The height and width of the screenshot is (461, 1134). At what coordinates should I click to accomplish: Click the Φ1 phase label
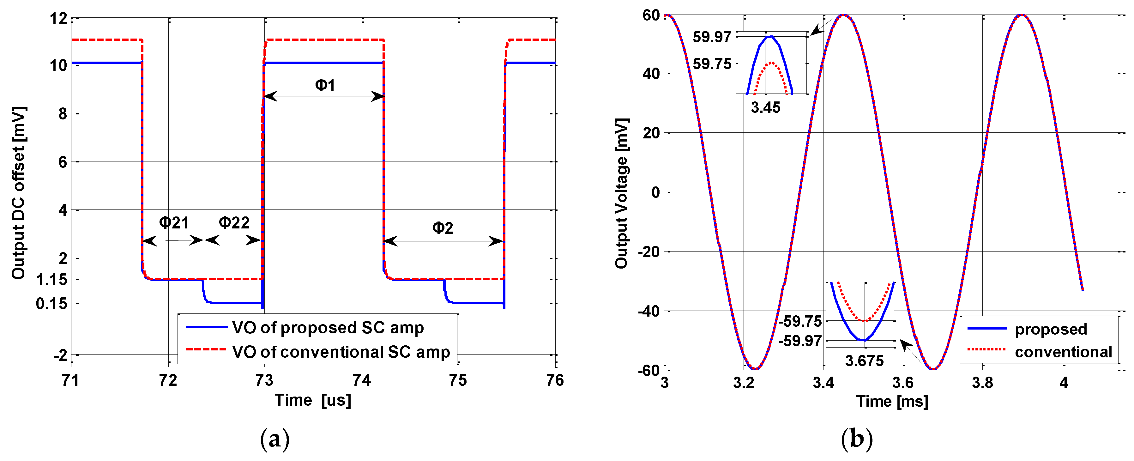(325, 85)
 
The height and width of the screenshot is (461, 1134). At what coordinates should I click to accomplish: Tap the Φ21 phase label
(174, 223)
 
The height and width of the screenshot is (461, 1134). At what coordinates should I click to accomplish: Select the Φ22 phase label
(234, 223)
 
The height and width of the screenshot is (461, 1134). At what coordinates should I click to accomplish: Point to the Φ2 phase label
(443, 228)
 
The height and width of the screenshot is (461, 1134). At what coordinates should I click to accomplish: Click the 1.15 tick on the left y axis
(52, 280)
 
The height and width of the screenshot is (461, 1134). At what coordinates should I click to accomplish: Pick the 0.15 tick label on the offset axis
(52, 304)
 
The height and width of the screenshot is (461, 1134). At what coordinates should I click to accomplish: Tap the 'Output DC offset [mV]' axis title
(19, 193)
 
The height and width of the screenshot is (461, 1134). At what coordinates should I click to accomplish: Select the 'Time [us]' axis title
(313, 400)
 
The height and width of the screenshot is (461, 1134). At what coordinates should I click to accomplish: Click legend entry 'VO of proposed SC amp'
(328, 328)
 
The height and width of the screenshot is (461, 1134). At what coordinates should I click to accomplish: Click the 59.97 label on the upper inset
(712, 37)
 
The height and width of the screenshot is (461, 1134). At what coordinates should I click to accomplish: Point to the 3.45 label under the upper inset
(766, 107)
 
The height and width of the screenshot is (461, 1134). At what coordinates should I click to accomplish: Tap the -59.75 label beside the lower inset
(800, 321)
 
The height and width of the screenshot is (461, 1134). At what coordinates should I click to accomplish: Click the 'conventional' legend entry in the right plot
(1063, 352)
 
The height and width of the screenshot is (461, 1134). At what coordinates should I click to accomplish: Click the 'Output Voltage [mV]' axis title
(622, 193)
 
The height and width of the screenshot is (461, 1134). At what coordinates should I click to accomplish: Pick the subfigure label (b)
(857, 439)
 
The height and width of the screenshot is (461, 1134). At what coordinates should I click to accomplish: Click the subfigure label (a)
(275, 439)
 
